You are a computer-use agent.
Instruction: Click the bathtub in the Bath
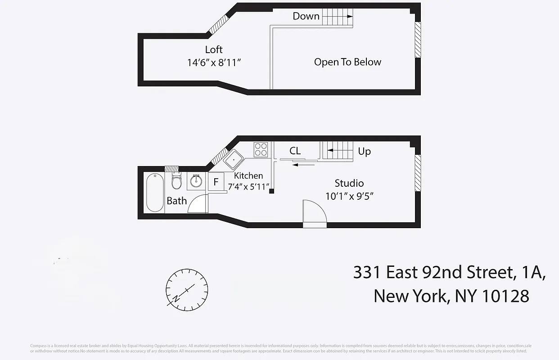(155, 192)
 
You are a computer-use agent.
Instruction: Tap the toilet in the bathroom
(176, 181)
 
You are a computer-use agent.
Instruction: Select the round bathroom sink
(196, 181)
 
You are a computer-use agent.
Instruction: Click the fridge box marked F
(216, 182)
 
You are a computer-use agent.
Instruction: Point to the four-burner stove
(261, 149)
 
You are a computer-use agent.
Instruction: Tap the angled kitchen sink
(234, 159)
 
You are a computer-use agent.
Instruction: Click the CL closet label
(295, 151)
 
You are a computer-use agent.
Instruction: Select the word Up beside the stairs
(364, 151)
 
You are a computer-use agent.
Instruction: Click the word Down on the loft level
(306, 16)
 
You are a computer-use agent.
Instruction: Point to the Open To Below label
(347, 62)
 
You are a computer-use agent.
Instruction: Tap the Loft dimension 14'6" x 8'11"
(214, 63)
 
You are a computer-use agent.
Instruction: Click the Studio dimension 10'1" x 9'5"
(350, 196)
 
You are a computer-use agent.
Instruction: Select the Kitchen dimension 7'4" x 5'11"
(248, 186)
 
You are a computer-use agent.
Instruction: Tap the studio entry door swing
(314, 211)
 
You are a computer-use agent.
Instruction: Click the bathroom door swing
(198, 205)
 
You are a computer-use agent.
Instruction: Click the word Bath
(176, 201)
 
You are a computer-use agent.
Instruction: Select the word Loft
(214, 49)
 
